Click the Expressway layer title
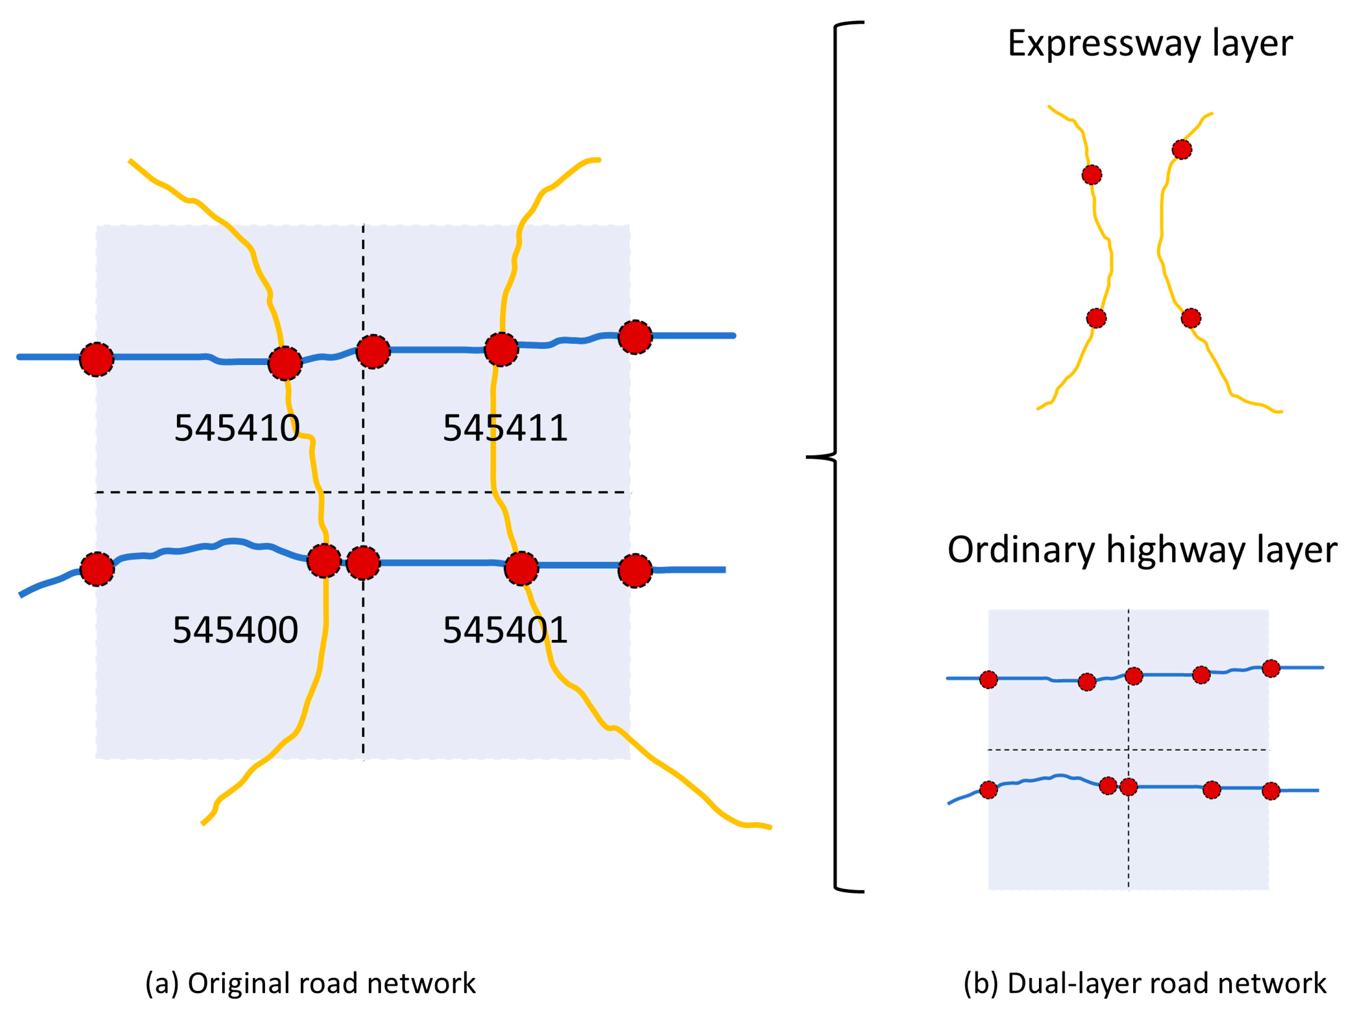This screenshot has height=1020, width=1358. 1150,44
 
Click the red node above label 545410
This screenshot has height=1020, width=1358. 285,363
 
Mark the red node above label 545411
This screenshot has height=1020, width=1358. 501,350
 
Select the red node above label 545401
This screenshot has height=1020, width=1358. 521,568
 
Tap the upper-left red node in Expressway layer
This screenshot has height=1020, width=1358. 1092,175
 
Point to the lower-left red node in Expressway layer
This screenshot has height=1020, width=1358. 1096,318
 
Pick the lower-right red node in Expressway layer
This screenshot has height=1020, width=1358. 1191,318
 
